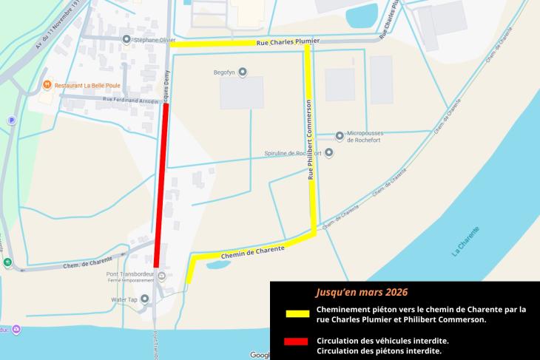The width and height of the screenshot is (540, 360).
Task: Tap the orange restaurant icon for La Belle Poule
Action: (x=46, y=85)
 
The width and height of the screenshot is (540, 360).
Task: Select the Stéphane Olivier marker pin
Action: (x=126, y=40)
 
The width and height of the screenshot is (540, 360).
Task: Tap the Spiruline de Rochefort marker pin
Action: (x=328, y=153)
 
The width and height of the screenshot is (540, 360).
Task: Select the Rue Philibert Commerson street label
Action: (x=311, y=140)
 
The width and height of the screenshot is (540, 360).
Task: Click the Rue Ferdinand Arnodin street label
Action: (x=130, y=99)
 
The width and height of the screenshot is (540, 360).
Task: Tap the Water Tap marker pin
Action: (x=144, y=299)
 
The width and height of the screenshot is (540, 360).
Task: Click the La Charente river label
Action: (x=465, y=241)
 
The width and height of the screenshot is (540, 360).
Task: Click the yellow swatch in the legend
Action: (x=297, y=313)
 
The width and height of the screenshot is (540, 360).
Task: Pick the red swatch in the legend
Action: (x=297, y=342)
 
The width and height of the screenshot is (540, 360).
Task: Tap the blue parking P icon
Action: (x=11, y=120)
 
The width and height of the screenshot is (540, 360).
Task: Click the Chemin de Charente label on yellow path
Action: (x=252, y=252)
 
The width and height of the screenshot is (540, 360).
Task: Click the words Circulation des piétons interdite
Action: (x=379, y=350)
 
